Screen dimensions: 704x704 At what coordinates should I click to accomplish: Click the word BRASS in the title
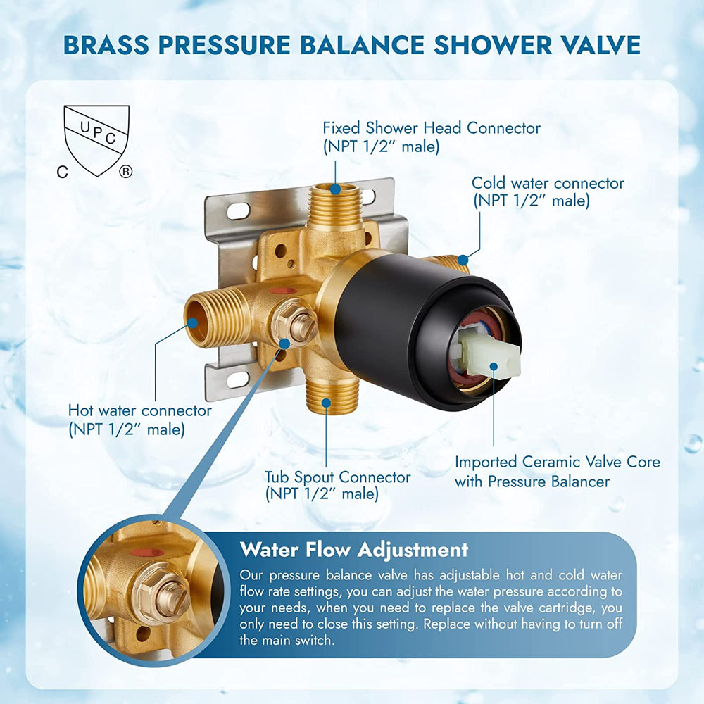click(106, 44)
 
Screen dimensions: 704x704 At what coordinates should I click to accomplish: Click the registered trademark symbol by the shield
click(125, 171)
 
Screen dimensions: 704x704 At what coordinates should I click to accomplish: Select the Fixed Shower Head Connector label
click(431, 137)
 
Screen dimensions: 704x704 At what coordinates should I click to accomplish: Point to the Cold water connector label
click(548, 191)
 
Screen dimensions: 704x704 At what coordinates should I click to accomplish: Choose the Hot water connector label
click(139, 420)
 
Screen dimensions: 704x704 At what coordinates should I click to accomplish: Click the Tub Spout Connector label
click(337, 485)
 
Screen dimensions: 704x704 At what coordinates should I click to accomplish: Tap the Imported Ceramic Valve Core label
click(557, 472)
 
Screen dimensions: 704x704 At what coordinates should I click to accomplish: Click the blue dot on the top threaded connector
click(335, 189)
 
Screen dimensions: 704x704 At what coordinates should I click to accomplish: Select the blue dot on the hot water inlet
click(193, 323)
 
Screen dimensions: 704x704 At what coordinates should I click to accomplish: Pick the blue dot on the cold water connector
click(463, 260)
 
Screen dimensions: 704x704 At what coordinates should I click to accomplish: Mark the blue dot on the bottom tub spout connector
click(327, 403)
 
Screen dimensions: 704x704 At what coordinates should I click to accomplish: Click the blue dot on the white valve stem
click(494, 366)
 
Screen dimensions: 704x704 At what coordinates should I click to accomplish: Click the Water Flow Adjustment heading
click(354, 550)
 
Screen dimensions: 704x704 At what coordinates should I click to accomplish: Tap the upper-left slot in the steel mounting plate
click(239, 210)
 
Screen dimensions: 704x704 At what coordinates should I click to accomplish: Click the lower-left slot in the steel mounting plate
click(239, 380)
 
